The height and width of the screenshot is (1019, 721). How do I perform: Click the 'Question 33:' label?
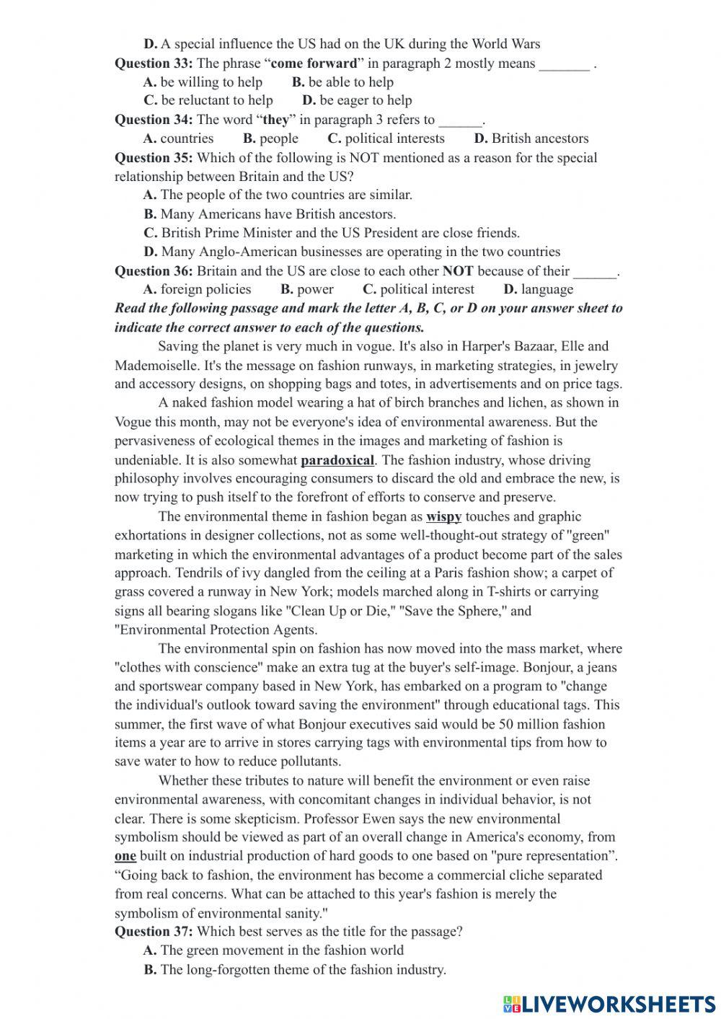point(154,63)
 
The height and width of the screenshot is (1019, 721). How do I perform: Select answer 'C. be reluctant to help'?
point(208,101)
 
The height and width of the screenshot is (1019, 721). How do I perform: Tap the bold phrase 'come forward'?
point(314,63)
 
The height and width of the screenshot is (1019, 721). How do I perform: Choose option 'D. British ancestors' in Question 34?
point(531,138)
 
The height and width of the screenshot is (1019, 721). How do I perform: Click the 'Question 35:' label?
point(154,158)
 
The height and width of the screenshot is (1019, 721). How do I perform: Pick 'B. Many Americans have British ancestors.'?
point(270,214)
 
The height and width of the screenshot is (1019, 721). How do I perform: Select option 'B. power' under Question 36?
point(307,290)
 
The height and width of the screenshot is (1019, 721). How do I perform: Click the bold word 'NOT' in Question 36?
point(457,271)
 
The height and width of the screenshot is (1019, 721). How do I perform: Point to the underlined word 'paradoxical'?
point(337,460)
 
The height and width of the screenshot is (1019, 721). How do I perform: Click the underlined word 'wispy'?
point(443,517)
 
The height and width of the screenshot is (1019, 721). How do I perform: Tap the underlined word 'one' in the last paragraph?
point(125,857)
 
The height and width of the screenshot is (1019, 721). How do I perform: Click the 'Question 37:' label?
point(154,932)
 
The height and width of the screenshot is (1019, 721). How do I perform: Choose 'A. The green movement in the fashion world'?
point(273,950)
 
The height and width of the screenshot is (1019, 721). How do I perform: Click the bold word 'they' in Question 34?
point(275,120)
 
